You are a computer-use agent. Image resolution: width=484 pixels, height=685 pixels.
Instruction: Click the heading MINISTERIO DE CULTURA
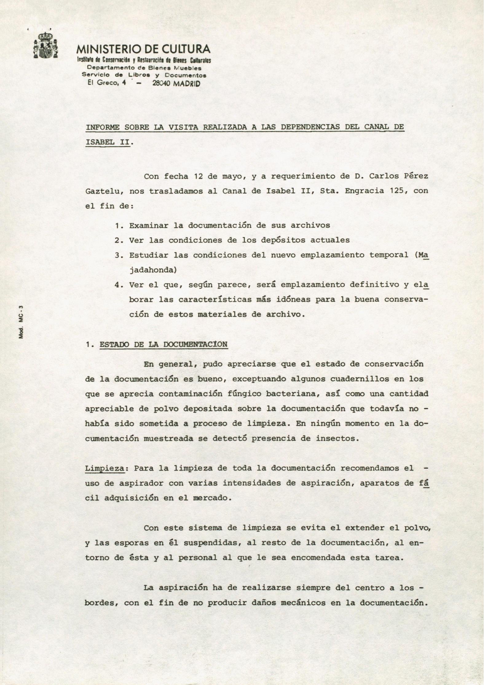tap(143, 49)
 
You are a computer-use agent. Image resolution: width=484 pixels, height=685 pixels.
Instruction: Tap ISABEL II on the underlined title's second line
tap(108, 142)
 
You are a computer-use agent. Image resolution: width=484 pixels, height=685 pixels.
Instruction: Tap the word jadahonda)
tap(153, 270)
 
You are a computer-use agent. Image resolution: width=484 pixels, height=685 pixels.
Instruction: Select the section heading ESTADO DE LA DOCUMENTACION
tap(163, 344)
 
